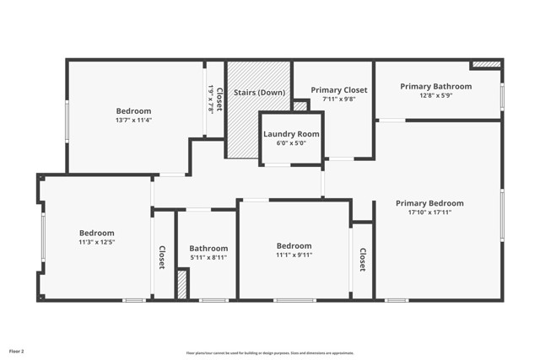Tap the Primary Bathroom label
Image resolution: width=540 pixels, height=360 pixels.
tap(435, 86)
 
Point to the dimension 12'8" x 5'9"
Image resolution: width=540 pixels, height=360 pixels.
tap(435, 95)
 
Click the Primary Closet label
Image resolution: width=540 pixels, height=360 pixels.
tap(333, 89)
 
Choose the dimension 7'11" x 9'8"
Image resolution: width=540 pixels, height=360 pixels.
tap(333, 99)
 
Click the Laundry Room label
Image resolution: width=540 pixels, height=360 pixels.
tap(291, 134)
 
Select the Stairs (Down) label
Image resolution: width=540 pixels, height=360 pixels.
tap(259, 92)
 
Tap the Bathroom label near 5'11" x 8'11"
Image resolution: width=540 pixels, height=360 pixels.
tap(208, 248)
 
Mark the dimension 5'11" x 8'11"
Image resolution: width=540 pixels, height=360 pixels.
tap(208, 257)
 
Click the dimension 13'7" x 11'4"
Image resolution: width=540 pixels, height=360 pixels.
tap(133, 120)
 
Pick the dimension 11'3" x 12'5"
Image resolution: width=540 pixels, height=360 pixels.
tap(96, 242)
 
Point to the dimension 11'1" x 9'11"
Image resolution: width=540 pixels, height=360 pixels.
tap(294, 255)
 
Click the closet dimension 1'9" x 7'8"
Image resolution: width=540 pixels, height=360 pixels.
tap(210, 100)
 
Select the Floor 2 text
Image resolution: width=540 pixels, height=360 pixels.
tap(17, 350)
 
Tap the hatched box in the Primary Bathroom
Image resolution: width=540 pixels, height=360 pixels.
tap(484, 64)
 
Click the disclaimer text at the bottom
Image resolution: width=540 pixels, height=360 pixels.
tap(269, 353)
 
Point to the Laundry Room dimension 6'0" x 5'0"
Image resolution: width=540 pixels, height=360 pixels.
tap(291, 143)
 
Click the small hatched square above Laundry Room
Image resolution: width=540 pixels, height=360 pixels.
tap(300, 105)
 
